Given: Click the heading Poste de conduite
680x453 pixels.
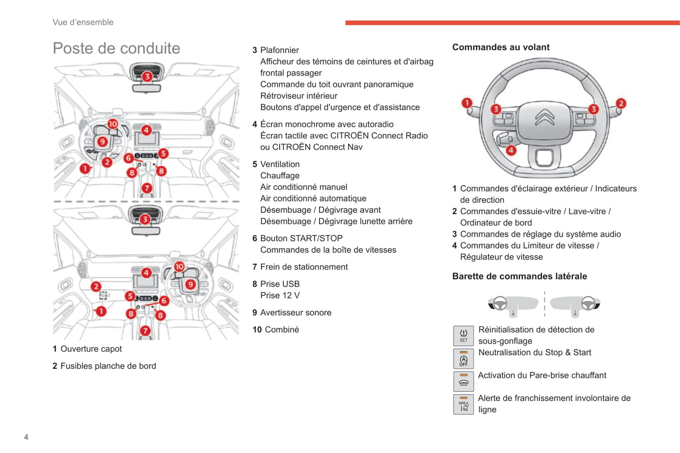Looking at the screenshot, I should pos(116,48).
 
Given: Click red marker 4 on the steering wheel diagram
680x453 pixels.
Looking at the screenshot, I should pos(511,150).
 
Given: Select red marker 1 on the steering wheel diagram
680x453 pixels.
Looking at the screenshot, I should pos(467,103).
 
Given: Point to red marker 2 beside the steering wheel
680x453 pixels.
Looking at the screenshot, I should pos(621,103).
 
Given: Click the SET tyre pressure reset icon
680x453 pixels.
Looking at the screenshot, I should pos(464,336).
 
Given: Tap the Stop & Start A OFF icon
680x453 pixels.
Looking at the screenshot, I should pos(464,359).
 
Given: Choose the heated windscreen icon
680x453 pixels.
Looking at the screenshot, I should pos(464,381).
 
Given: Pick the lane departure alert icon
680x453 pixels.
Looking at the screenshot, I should pos(464,404).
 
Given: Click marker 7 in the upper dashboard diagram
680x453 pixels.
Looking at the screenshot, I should pos(147,188).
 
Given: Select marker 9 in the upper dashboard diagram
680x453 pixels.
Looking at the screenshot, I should pos(102,141).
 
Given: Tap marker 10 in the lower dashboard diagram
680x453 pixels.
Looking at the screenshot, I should pos(179,266).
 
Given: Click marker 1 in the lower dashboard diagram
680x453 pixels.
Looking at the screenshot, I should pos(101,311).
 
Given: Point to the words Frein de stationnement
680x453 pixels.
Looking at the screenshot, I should pos(304,267).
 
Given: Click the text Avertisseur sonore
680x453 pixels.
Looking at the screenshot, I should pos(296,312).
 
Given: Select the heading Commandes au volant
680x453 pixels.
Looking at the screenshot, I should pos(501,47).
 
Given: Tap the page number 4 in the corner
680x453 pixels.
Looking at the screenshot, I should pos(26,437).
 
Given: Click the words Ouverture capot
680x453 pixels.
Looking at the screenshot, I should pos(91,349).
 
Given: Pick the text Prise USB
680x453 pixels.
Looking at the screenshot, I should pos(280,284).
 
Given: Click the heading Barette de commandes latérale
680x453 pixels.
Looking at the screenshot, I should pos(520,276).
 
